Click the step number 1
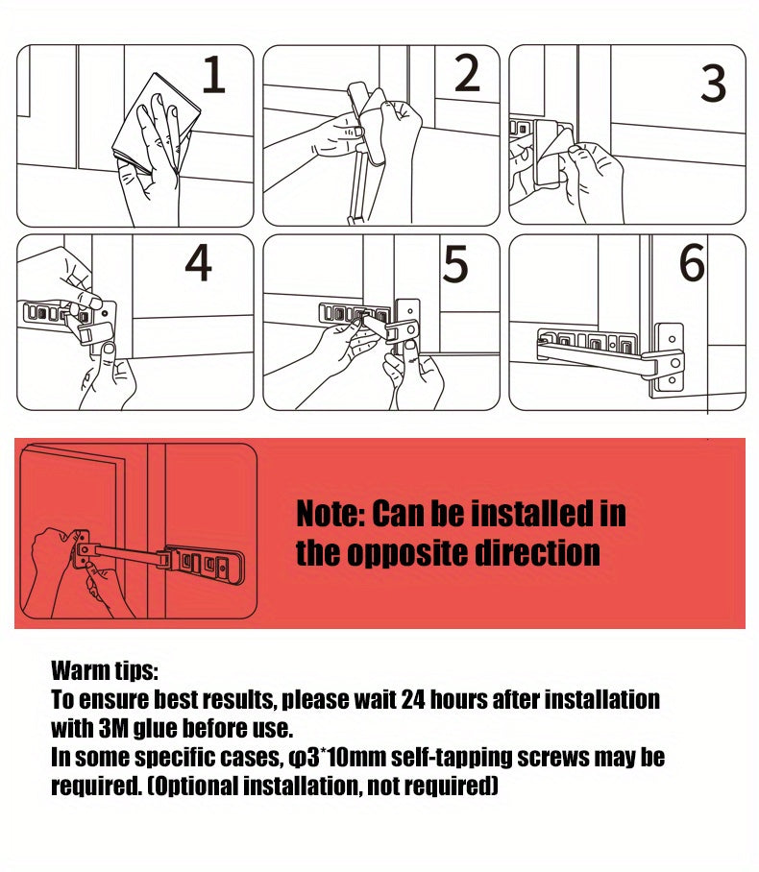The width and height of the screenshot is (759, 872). click(x=213, y=76)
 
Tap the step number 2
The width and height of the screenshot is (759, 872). click(x=467, y=74)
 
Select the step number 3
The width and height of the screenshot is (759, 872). click(x=713, y=85)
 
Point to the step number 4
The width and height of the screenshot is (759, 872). click(x=198, y=265)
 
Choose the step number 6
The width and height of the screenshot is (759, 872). click(x=692, y=265)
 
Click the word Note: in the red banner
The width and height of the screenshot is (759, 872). click(x=330, y=515)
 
